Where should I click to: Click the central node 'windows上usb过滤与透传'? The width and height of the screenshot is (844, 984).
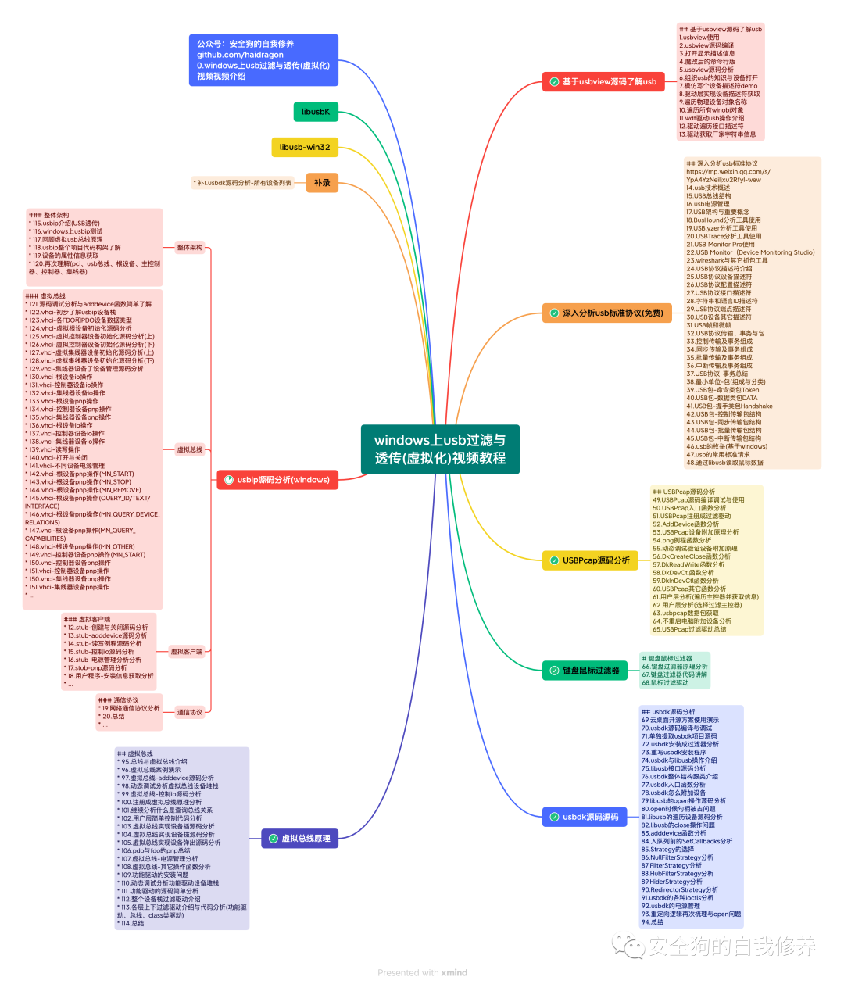tap(440, 449)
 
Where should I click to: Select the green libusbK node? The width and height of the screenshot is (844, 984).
tap(316, 112)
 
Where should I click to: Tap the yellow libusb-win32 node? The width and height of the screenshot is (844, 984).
tap(305, 147)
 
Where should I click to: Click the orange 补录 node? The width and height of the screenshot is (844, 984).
tap(322, 183)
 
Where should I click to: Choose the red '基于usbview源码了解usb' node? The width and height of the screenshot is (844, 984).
tap(604, 81)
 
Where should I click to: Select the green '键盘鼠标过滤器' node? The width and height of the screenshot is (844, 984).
tap(585, 670)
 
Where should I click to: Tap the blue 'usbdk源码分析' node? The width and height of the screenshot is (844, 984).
tap(585, 817)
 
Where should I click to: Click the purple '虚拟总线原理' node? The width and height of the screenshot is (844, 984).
tap(299, 838)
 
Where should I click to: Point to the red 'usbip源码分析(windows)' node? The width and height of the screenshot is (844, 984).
tap(277, 480)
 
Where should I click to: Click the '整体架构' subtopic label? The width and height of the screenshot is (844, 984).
tap(190, 248)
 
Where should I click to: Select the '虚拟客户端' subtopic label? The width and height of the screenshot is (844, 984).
tap(187, 652)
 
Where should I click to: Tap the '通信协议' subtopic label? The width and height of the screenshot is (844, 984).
tap(190, 712)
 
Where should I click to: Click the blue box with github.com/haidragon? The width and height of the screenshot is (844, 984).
tap(263, 60)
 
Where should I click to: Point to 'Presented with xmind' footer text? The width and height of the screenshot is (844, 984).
tap(422, 972)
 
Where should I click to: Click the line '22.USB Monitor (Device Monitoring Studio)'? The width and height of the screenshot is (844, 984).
tap(750, 252)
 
